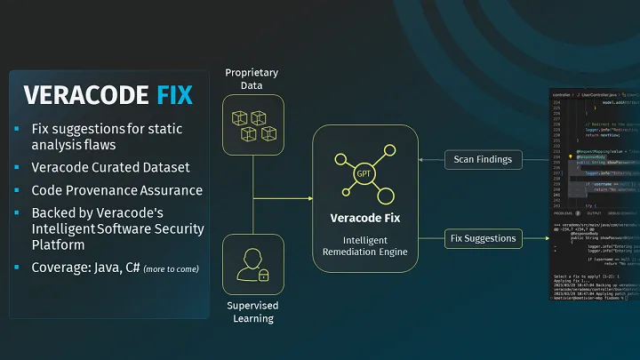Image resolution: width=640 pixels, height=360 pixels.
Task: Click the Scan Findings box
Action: point(483,159)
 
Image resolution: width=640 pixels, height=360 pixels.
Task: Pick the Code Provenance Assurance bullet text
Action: point(116,189)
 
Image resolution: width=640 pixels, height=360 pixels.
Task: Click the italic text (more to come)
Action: point(171,268)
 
